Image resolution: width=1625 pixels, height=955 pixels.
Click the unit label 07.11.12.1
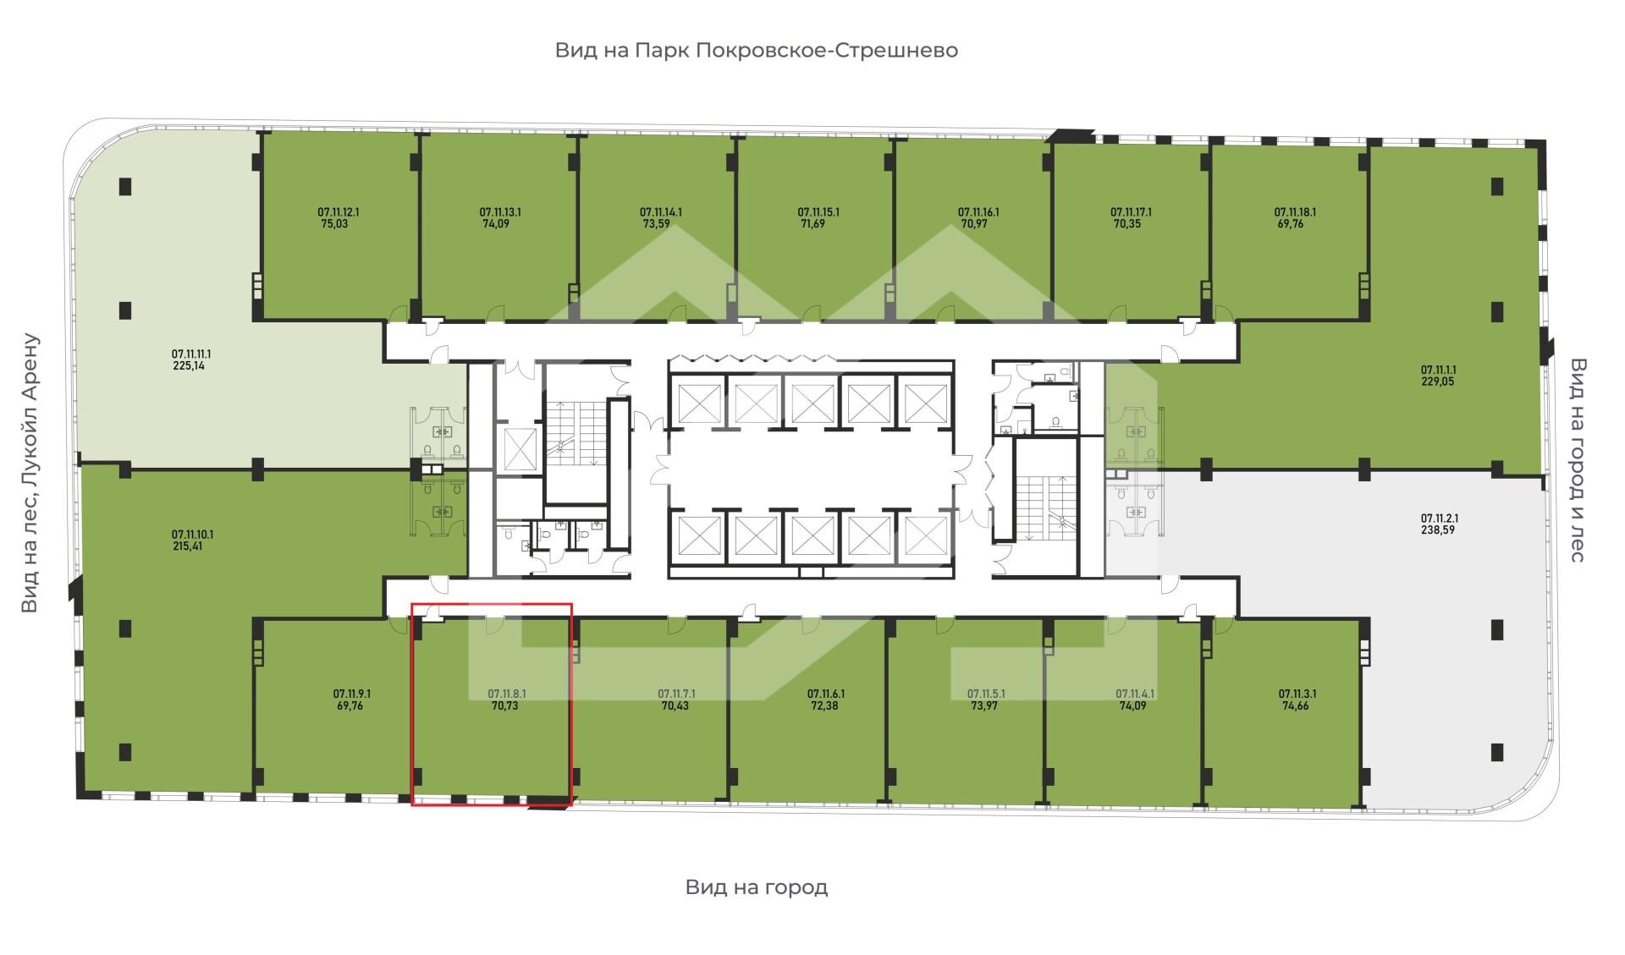point(339,212)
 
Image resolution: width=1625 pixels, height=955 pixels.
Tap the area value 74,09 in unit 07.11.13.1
point(500,224)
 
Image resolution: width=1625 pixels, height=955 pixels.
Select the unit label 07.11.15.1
point(818,212)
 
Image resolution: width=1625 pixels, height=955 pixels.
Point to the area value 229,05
point(1438,381)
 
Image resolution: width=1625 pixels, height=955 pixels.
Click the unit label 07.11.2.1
point(1439,519)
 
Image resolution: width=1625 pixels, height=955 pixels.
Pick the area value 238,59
point(1438,530)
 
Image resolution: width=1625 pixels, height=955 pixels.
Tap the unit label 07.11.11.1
point(191,354)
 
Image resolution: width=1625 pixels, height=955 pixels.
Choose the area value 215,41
point(187,546)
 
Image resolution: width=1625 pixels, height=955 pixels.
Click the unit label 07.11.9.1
point(352,694)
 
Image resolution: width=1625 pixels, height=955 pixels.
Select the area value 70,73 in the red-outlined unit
point(504,705)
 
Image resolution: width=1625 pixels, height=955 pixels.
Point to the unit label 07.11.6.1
point(826,694)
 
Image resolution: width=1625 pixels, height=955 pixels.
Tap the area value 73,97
point(984,705)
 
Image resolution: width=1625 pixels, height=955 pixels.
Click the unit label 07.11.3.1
point(1297,694)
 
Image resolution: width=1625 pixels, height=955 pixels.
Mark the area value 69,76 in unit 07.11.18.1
point(1289,224)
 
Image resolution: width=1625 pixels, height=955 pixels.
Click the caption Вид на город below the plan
point(757,888)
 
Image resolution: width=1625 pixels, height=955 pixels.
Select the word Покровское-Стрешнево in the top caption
point(827,51)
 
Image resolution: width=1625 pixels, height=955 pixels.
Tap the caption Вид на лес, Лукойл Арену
point(30,474)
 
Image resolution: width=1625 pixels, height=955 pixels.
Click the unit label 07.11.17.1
point(1132,212)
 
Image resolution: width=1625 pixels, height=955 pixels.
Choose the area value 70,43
point(675,705)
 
